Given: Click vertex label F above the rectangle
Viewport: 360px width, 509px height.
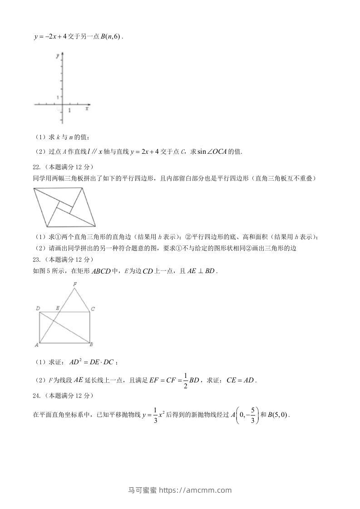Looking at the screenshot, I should point(75,284).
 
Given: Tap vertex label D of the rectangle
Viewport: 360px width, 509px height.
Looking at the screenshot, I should point(38,308).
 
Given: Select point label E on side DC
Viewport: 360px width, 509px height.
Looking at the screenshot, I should point(57,308).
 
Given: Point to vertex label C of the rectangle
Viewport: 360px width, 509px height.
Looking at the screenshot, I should point(93,309).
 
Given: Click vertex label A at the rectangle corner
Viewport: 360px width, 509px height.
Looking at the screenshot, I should point(36,345).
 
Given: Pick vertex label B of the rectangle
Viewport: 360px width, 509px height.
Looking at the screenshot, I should point(91,345).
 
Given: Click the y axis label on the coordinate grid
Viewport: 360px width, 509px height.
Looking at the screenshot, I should point(58,56).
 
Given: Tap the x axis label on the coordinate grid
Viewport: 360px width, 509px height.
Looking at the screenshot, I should point(87,109).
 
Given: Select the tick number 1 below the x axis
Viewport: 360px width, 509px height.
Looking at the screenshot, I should point(69,110).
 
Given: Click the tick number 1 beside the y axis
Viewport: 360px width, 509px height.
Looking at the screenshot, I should point(58,97).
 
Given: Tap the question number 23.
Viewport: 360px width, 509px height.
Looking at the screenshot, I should point(37,259).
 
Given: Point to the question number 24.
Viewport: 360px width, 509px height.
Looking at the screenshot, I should point(37,396).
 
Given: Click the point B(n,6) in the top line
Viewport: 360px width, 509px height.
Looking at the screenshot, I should point(110,37).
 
